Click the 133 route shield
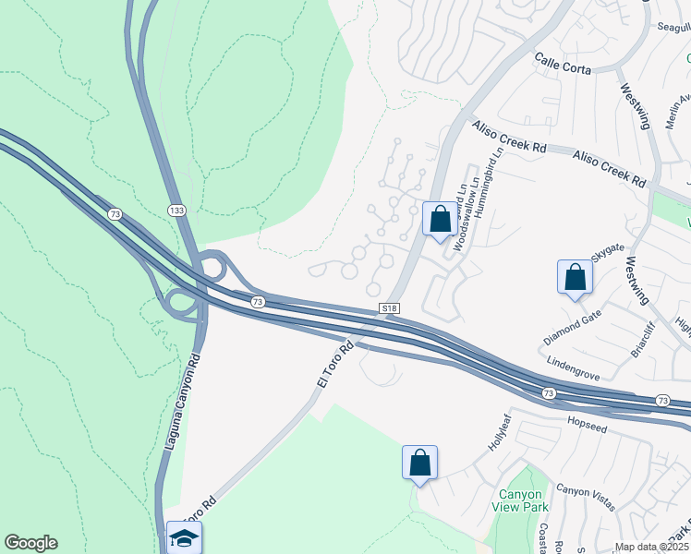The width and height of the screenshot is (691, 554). [176, 211]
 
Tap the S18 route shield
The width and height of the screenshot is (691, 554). [390, 308]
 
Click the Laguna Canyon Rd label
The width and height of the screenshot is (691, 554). [183, 407]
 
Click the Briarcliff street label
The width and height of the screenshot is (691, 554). [642, 340]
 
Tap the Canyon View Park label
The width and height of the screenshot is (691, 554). [523, 500]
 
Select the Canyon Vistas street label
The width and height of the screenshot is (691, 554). [586, 496]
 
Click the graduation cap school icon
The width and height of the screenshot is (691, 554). [184, 537]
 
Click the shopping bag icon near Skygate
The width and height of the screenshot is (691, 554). [575, 277]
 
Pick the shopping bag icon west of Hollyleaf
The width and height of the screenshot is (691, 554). [419, 462]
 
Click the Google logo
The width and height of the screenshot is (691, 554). [30, 543]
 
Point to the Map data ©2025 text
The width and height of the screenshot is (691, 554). [650, 547]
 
